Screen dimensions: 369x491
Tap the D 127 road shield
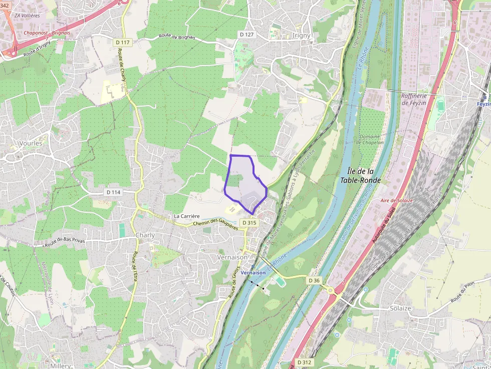pyautogui.click(x=247, y=35)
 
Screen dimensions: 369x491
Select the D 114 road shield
pyautogui.click(x=114, y=192)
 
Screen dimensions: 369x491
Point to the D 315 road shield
pyautogui.click(x=249, y=222)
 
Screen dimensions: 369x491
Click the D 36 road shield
pyautogui.click(x=314, y=280)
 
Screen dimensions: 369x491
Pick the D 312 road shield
pyautogui.click(x=304, y=362)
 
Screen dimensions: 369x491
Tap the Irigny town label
pyautogui.click(x=301, y=36)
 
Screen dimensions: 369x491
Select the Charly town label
pyautogui.click(x=145, y=235)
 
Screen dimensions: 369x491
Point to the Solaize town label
pyautogui.click(x=400, y=308)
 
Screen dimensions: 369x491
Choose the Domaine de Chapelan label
pyautogui.click(x=369, y=139)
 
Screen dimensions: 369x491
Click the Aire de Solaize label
pyautogui.click(x=396, y=200)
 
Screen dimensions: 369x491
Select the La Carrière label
pyautogui.click(x=187, y=216)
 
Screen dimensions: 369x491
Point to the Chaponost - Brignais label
pyautogui.click(x=47, y=33)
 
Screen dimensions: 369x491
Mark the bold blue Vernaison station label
pyautogui.click(x=253, y=272)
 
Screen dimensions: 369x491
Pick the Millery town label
pyautogui.click(x=61, y=366)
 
